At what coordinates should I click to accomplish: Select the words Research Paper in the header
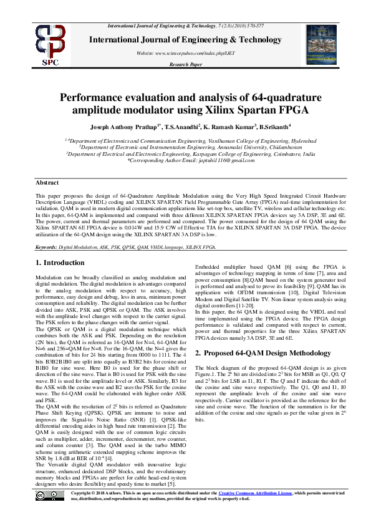[186, 64]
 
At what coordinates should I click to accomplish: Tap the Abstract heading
[47, 182]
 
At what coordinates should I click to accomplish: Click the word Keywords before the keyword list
[48, 247]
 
